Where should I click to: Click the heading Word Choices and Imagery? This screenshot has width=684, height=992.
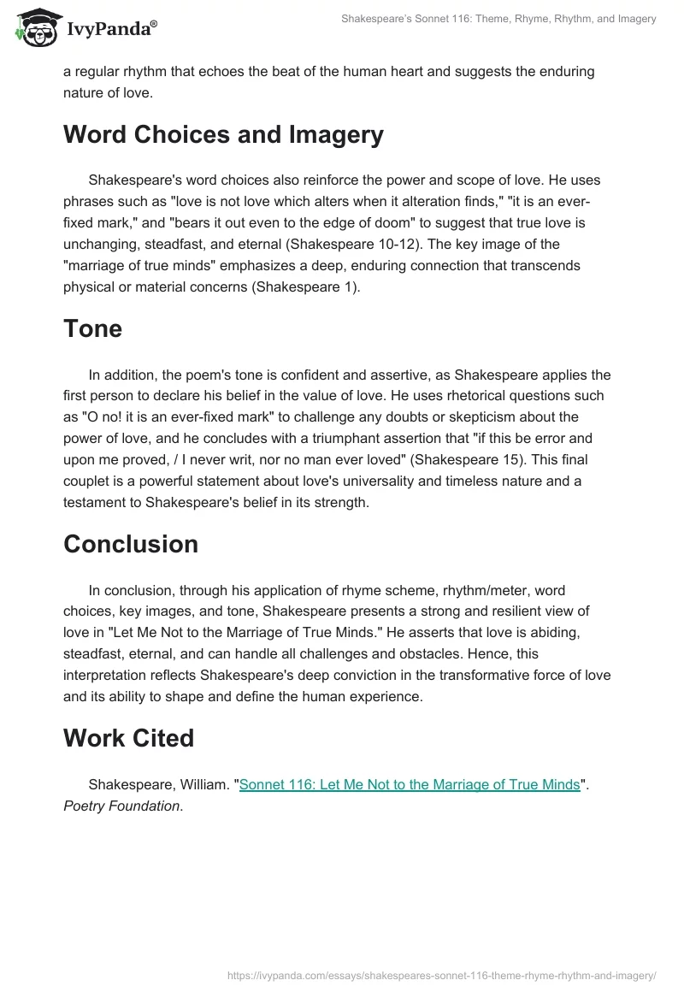(223, 135)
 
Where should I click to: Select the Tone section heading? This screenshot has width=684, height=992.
(92, 328)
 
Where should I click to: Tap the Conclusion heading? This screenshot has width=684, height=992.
(130, 544)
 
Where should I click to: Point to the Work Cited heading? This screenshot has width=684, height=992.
(128, 738)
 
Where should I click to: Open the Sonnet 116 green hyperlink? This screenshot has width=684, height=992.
(410, 785)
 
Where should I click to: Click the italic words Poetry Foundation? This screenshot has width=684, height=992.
(121, 806)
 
